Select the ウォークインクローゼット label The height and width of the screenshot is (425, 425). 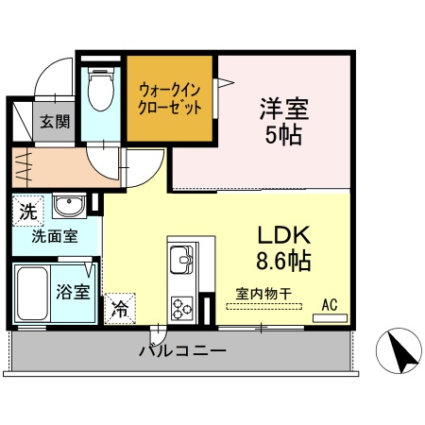(170, 98)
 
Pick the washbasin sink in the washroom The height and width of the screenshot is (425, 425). (66, 207)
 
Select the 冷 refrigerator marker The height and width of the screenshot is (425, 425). (120, 306)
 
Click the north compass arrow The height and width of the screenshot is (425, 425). (401, 354)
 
